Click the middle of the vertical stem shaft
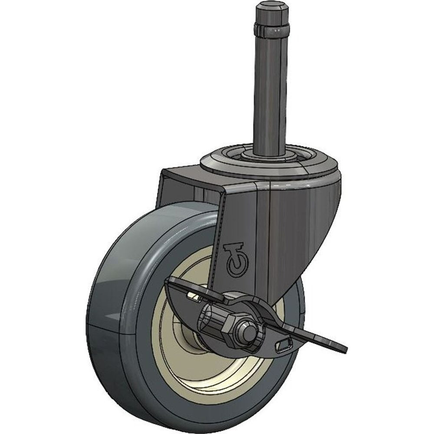tap(270, 95)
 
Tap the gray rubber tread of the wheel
tap(113, 304)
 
